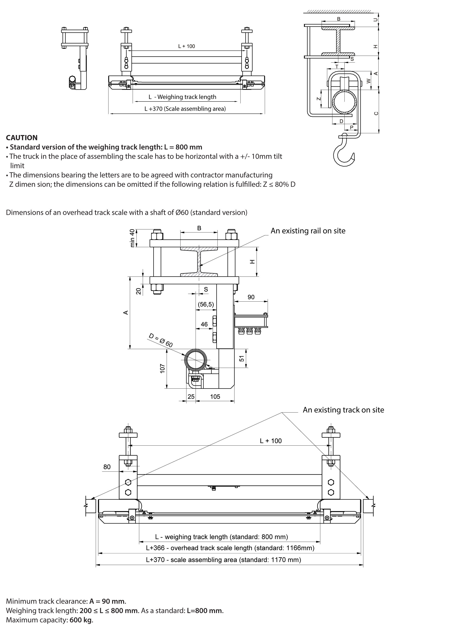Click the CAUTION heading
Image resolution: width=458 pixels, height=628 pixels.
coord(22,138)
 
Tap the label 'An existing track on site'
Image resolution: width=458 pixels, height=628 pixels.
coord(343,410)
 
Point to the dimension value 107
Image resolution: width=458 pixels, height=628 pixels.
coord(162,368)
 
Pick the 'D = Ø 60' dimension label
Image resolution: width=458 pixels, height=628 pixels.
coord(161,340)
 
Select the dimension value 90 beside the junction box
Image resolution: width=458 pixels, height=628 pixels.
coord(251,297)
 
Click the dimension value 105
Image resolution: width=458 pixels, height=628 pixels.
coord(215,397)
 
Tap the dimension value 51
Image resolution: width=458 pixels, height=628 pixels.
coord(242,358)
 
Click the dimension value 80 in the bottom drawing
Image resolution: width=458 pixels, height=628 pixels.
coord(107,467)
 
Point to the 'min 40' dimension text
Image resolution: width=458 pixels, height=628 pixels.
coord(132,238)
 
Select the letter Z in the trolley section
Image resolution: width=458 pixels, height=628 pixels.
coord(319,99)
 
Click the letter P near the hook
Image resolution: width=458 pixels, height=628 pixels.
coord(352,128)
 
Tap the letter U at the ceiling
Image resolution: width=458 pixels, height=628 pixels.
coord(376,20)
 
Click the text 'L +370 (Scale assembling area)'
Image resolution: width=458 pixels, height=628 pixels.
coord(185,109)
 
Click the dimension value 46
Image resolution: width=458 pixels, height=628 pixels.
coord(204,324)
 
